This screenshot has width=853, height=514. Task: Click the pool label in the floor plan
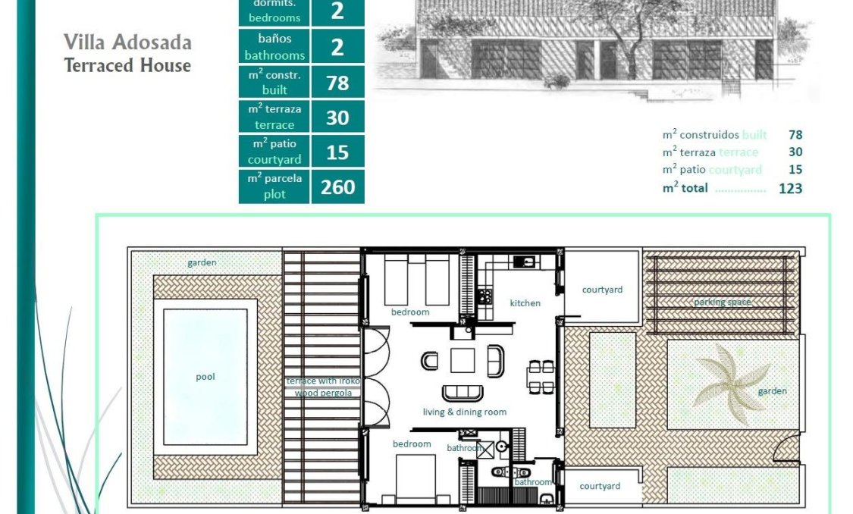(x=205, y=377)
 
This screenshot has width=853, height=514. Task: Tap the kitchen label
(x=525, y=303)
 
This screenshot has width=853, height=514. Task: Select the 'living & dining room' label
(x=464, y=412)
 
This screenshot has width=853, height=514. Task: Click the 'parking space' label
(x=723, y=302)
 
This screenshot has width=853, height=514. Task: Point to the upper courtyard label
(x=602, y=290)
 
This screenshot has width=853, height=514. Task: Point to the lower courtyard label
(x=600, y=486)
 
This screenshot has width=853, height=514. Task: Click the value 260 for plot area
(x=337, y=186)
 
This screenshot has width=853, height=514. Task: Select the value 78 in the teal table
(x=337, y=83)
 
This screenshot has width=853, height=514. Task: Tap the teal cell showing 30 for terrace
(x=337, y=118)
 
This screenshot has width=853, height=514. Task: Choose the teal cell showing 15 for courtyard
(x=337, y=152)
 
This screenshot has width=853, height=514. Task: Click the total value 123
(x=790, y=189)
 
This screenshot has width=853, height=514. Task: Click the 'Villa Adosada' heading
(x=127, y=42)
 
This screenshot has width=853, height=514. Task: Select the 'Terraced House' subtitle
(x=127, y=65)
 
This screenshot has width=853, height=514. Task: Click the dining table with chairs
(x=541, y=377)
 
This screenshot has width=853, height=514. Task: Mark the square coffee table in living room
(x=463, y=360)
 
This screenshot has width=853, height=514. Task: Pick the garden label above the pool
(x=202, y=263)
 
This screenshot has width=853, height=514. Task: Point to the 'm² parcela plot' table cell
(x=274, y=186)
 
